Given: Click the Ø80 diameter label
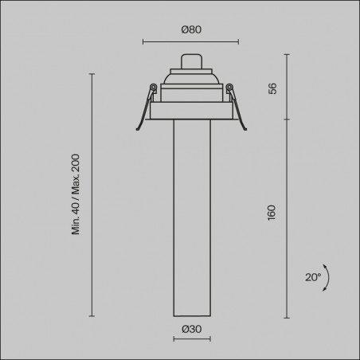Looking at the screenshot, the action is [191, 29].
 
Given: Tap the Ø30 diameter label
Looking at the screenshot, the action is [192, 329].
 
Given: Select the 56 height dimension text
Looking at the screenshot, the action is [272, 88].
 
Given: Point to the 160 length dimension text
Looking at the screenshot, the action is [272, 213].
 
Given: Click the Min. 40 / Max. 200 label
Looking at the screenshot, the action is [76, 194].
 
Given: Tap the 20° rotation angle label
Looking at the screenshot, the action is [313, 277].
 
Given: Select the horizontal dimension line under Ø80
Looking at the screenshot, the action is [190, 41].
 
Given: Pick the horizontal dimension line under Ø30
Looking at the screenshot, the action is [192, 338].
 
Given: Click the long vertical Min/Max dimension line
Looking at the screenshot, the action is [92, 195].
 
